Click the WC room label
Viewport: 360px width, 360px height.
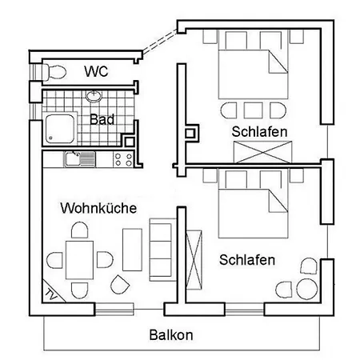click(x=97, y=71)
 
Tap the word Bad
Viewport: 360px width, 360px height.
click(x=101, y=121)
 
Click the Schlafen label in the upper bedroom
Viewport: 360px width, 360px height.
click(x=259, y=131)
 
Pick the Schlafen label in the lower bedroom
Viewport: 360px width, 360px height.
click(x=247, y=260)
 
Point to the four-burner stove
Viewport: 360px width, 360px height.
click(x=123, y=158)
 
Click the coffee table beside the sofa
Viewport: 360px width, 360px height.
click(x=133, y=249)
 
